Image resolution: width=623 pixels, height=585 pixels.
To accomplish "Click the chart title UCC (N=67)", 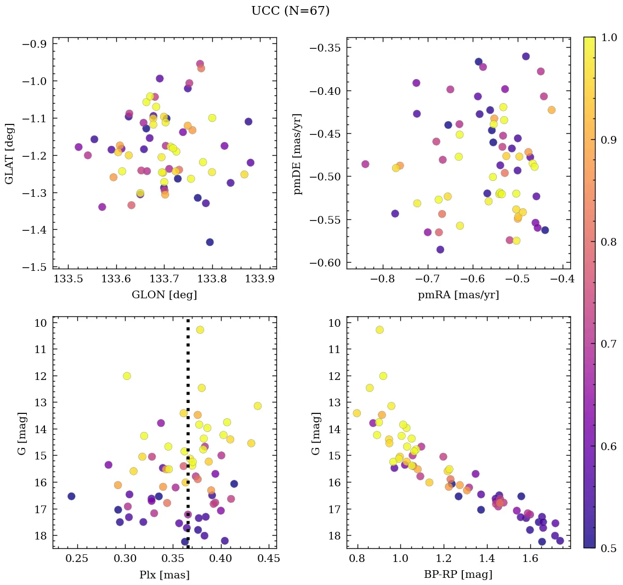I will [290, 11].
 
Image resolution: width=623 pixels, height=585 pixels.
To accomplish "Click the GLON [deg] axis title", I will [164, 295].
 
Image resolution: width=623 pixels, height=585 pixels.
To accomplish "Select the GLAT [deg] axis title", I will [9, 153].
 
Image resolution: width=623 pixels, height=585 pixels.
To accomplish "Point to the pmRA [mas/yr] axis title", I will [458, 295].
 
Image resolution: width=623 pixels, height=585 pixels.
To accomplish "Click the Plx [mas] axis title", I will [164, 575].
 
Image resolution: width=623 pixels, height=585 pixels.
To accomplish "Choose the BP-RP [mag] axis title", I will [458, 575].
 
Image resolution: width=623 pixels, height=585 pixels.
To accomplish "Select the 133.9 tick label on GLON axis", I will [260, 279].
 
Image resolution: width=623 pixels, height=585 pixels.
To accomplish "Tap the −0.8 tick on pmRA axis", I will [383, 279].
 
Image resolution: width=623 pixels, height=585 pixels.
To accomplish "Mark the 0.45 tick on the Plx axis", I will [269, 559].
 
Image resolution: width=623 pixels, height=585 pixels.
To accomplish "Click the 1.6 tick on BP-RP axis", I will [529, 559].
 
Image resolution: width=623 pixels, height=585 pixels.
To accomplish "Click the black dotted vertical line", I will [188, 439].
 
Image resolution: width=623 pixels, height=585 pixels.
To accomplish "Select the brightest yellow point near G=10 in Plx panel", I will [200, 330].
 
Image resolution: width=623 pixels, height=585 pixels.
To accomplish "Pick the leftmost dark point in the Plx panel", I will [71, 496].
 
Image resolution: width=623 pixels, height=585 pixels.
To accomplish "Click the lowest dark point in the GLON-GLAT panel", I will [209, 242].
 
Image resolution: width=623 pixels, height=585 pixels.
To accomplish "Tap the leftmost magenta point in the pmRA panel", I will [365, 164].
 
